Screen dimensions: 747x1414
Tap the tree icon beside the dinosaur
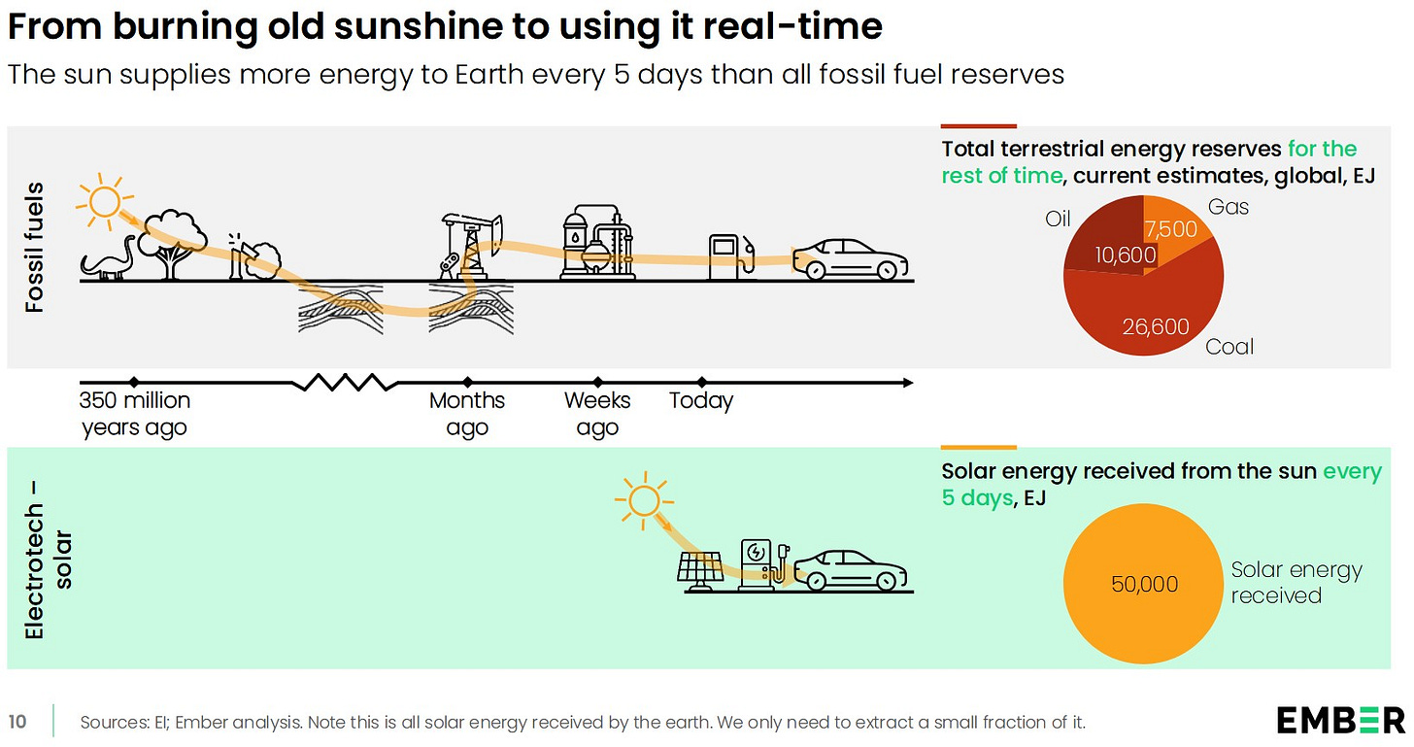[173, 241]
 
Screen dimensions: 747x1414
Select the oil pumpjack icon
[459, 245]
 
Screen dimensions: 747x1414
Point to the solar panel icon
[700, 570]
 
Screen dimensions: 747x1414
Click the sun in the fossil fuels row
[102, 201]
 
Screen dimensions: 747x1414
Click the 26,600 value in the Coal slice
[1156, 326]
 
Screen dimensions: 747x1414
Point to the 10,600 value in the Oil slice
[1126, 255]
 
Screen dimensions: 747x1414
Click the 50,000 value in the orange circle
[1144, 584]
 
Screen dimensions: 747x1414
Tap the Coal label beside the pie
[1229, 347]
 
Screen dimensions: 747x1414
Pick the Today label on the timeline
[701, 400]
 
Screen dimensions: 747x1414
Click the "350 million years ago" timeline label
[134, 414]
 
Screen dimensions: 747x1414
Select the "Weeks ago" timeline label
[597, 414]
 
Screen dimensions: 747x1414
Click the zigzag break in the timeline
[345, 382]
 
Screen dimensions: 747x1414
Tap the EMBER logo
[1340, 721]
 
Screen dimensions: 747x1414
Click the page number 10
[17, 722]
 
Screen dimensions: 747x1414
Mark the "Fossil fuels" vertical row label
[35, 247]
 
